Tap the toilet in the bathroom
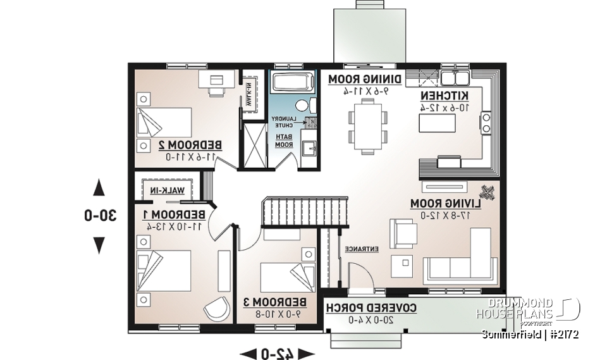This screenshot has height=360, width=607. tap(302, 105)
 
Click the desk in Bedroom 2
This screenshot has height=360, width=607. tap(215, 80)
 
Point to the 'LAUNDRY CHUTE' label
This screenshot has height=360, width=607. tap(281, 122)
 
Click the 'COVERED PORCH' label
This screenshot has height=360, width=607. tap(371, 308)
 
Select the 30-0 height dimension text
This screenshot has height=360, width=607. tap(99, 215)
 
